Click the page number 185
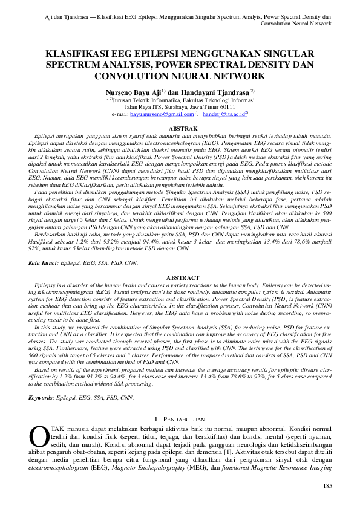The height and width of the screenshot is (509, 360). point(327,486)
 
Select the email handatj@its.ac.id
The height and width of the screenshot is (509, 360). point(222,113)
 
